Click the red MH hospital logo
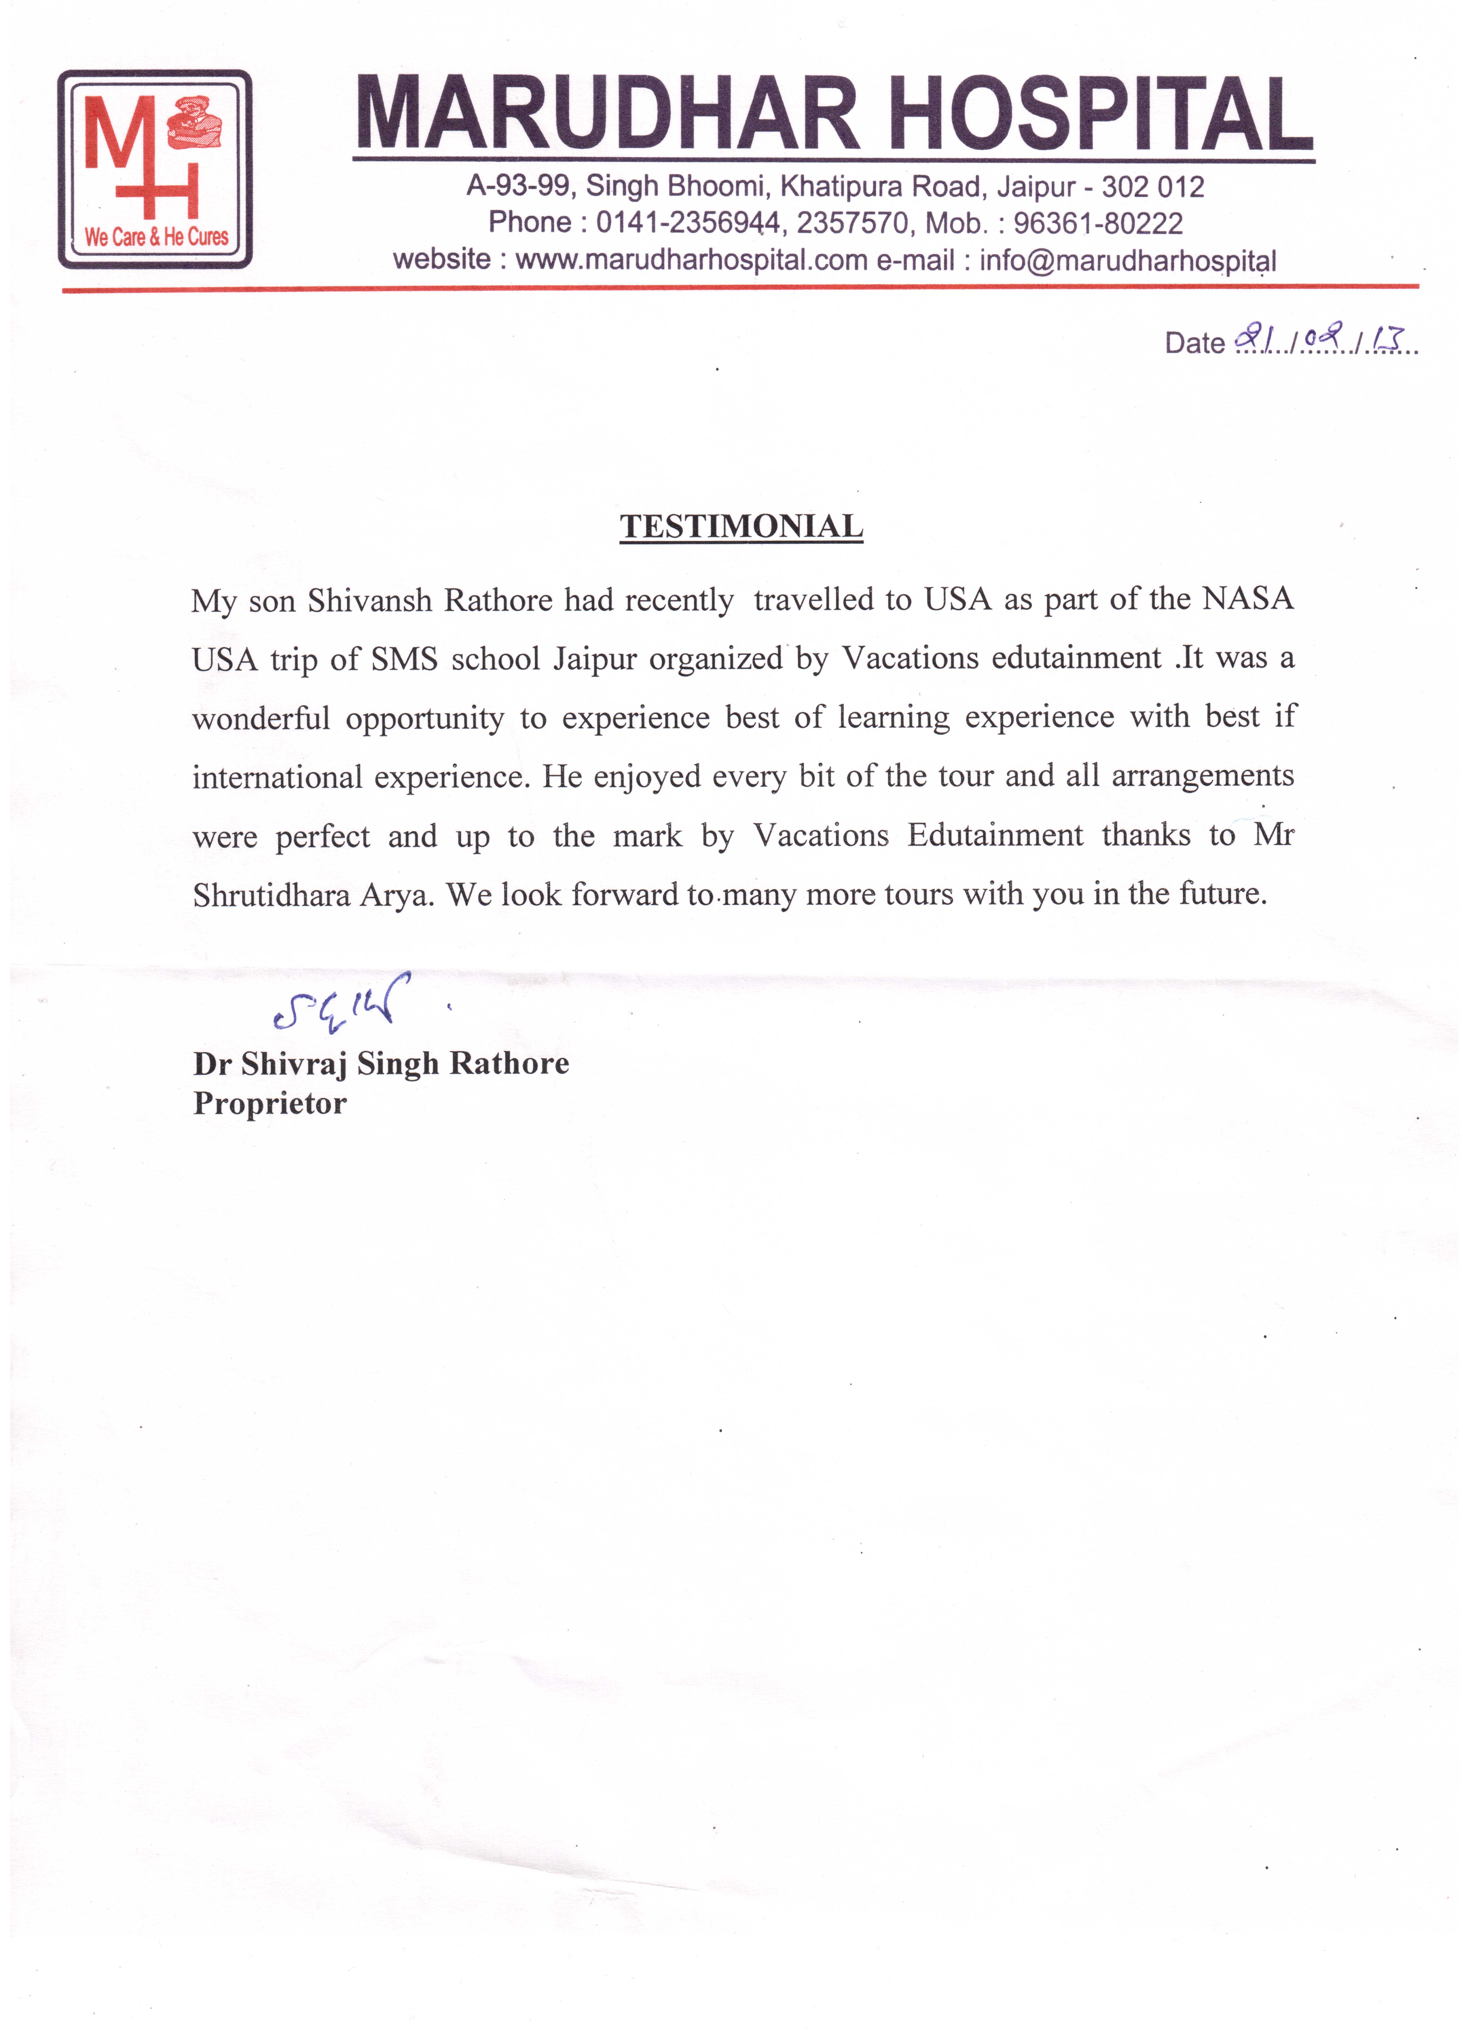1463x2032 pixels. (x=154, y=168)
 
